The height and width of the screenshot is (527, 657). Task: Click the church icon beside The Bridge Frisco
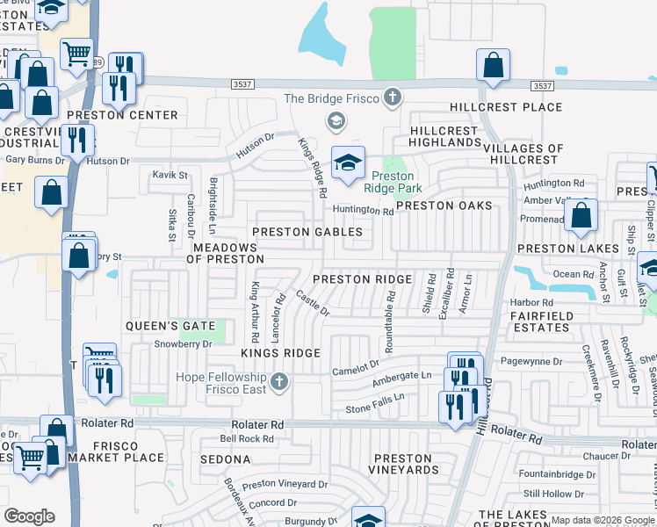(x=393, y=97)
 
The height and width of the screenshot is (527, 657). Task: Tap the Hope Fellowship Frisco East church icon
(x=278, y=380)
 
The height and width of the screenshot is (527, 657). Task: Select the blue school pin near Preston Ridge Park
(x=348, y=162)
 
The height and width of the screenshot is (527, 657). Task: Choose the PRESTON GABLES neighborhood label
(x=307, y=232)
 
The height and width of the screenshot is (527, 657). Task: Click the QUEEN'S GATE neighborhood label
(x=170, y=326)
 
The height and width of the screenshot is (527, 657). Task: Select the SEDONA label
(x=226, y=459)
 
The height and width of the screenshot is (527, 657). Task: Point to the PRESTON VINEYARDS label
(x=405, y=464)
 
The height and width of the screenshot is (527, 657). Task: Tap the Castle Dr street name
(x=312, y=305)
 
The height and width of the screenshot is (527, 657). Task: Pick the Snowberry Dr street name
(x=184, y=344)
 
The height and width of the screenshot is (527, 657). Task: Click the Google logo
(x=28, y=516)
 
